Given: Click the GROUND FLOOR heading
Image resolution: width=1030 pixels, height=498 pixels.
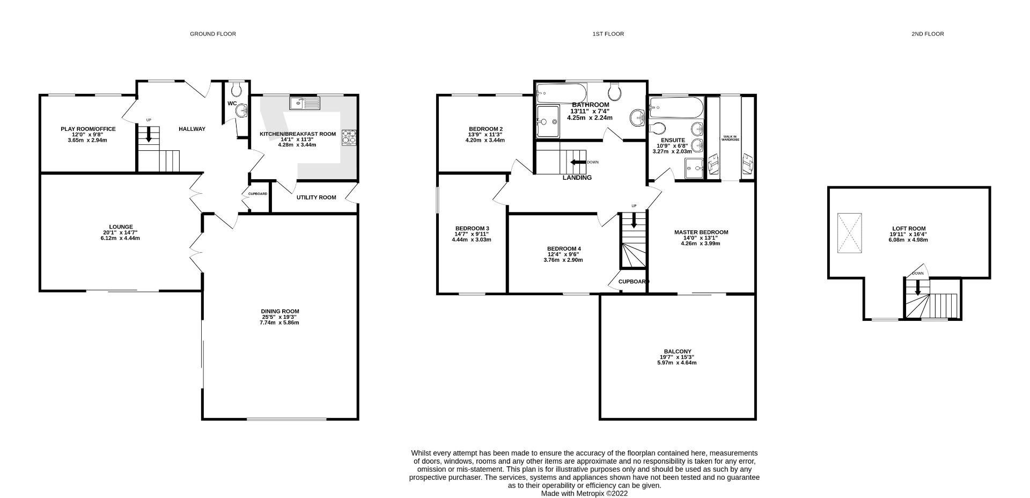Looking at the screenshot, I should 212,34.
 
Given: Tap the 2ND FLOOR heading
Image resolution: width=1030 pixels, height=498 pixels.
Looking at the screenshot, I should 927,34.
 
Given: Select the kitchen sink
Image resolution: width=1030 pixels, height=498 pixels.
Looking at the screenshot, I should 304,102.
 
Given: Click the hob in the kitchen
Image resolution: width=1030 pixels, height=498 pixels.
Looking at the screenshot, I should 349,137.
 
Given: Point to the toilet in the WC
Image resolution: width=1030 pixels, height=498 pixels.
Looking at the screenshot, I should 236,89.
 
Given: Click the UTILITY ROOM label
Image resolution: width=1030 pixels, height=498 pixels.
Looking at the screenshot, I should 316,197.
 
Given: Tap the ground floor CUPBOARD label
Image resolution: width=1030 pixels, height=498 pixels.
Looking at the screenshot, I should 257,194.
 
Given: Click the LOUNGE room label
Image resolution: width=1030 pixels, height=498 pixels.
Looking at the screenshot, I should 120,227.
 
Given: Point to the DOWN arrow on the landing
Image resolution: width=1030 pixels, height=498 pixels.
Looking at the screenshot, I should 578,162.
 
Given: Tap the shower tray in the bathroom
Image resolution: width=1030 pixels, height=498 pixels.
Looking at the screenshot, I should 547,122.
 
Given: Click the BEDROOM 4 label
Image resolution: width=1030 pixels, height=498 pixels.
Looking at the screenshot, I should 564,248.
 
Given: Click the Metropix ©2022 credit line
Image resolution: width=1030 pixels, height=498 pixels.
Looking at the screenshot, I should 584,493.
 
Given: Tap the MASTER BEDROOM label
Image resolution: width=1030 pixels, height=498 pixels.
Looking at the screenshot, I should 701,232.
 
